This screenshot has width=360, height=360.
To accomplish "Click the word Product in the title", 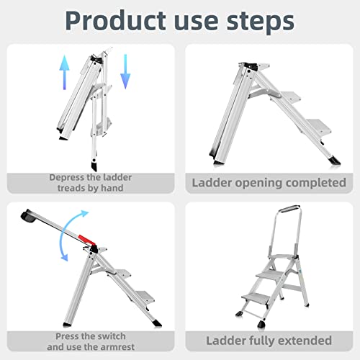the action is pos(116,21).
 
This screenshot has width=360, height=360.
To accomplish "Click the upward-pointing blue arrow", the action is pos(65,72).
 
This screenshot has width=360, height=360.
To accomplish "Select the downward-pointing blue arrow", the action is pos(125,71).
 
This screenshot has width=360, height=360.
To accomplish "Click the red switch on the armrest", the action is pos(86,239).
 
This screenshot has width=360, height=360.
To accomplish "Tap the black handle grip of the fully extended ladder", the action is pos(289,208).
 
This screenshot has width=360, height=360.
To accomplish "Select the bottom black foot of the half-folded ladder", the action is pos(94,166).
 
